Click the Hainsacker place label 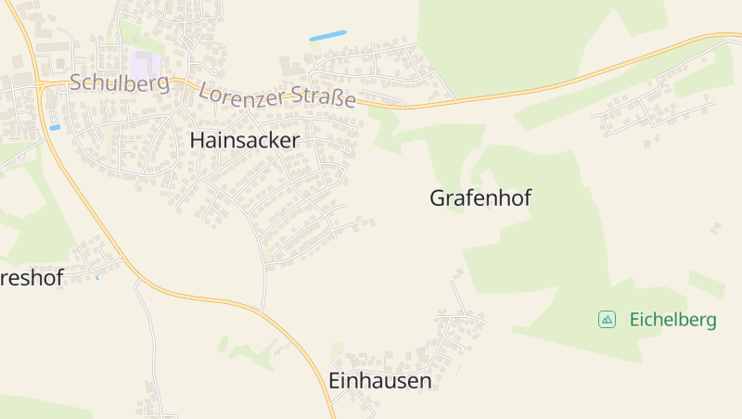click(245, 141)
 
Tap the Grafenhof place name click(480, 197)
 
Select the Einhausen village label click(380, 381)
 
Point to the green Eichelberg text click(672, 321)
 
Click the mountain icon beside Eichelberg click(607, 320)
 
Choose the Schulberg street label click(119, 83)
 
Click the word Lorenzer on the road click(244, 94)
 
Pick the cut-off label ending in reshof click(32, 278)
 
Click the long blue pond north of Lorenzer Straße click(327, 35)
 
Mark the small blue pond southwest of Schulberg click(55, 127)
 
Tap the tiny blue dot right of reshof click(96, 276)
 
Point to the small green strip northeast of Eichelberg click(706, 284)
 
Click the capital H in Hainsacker click(197, 141)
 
